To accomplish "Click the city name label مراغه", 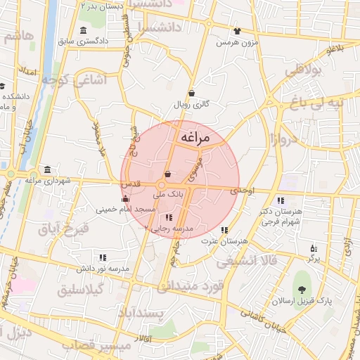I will (195, 138).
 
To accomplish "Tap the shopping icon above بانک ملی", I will (167, 175).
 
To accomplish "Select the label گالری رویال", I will (192, 104).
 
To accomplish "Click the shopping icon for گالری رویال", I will (192, 93).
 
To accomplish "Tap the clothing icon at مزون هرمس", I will (236, 31).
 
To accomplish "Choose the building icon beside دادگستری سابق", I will (84, 30).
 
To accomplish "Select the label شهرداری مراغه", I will (48, 181).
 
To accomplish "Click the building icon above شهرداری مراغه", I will (47, 170).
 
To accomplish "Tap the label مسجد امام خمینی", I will (126, 210).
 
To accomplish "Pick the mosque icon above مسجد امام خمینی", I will (126, 199).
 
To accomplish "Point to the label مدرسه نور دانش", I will (103, 269).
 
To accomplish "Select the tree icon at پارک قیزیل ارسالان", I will (302, 289).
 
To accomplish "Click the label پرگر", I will (314, 259).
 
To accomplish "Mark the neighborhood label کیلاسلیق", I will (81, 289).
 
